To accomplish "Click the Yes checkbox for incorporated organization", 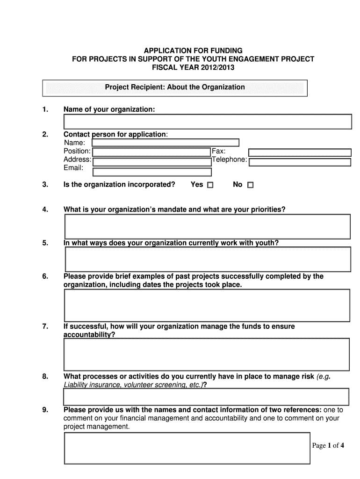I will [x=210, y=185].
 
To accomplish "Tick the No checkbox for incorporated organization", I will [x=250, y=185].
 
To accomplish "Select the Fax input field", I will [x=299, y=152].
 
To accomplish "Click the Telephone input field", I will [x=299, y=162].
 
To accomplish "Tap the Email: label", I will [x=73, y=168].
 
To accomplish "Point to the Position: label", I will [x=77, y=151].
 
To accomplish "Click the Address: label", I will [x=77, y=160].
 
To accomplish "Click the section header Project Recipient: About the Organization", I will [x=174, y=87].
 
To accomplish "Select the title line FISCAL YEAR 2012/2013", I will [x=193, y=68].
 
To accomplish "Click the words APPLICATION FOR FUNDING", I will [x=193, y=50].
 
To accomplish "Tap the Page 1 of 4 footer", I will [x=328, y=445].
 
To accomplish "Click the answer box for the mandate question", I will [x=207, y=227].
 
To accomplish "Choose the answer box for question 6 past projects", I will [x=207, y=305].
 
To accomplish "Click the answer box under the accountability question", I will [x=207, y=354].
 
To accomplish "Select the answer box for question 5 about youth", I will [x=207, y=259].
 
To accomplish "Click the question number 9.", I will [x=45, y=410].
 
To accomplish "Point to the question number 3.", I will [x=45, y=185].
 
